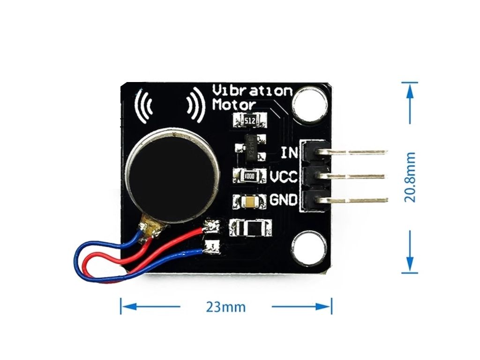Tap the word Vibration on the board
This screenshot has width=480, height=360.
(252, 90)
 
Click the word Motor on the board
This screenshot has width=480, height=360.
(234, 105)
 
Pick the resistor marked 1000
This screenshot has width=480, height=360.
(249, 176)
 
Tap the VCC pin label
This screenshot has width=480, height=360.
(284, 177)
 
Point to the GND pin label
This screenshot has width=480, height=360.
(284, 200)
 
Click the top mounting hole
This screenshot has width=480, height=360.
(309, 102)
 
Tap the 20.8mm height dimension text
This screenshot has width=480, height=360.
(411, 177)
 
